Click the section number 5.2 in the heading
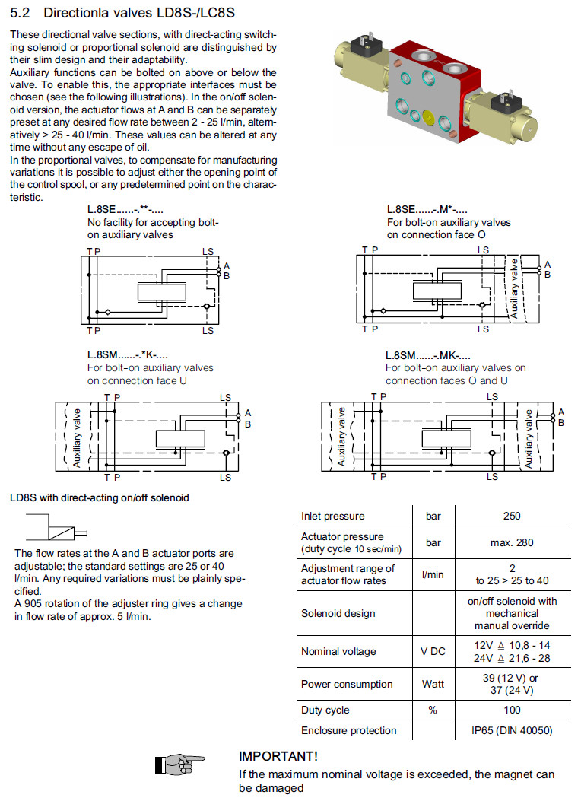(x=20, y=13)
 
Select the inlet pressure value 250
(x=512, y=517)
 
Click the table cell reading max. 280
(x=512, y=542)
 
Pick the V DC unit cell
(x=433, y=652)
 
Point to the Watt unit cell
(x=433, y=684)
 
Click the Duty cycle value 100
(x=512, y=710)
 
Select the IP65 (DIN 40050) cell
(x=512, y=730)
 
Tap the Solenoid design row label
(x=337, y=613)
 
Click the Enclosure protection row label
(x=348, y=730)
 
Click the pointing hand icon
(x=179, y=763)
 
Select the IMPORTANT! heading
(x=278, y=757)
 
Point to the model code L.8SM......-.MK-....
(x=428, y=355)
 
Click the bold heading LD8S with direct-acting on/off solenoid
(x=100, y=498)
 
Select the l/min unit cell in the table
(x=433, y=574)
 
